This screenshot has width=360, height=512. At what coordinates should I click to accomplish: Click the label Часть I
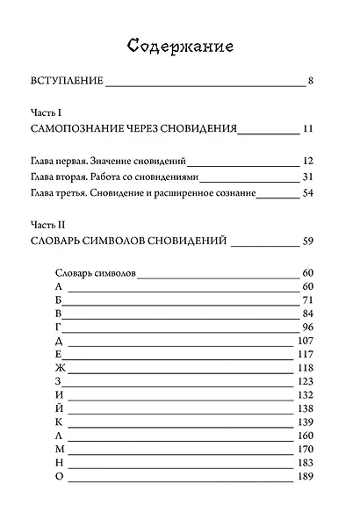pyautogui.click(x=44, y=113)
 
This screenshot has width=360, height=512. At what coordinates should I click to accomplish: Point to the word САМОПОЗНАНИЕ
pyautogui.click(x=81, y=128)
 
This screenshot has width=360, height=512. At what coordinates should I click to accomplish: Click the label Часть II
pyautogui.click(x=46, y=225)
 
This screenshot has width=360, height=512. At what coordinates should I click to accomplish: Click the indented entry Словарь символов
pyautogui.click(x=95, y=272)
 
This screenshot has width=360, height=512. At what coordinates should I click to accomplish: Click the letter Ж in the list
pyautogui.click(x=59, y=367)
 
